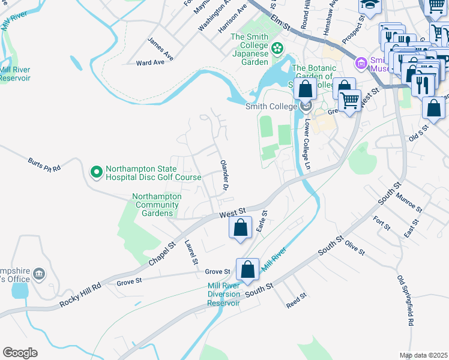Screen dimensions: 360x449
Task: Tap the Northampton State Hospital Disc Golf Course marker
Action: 96,173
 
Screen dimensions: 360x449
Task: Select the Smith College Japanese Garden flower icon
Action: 277,47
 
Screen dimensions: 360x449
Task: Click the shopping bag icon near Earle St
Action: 240,228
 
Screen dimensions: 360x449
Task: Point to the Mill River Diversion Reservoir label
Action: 224,295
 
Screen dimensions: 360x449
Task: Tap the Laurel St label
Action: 191,253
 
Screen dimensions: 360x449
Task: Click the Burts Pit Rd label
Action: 44,165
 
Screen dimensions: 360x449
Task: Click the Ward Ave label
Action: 150,62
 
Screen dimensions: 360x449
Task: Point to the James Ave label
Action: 160,49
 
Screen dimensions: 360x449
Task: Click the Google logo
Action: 20,353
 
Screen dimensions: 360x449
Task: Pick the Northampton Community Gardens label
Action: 157,205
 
